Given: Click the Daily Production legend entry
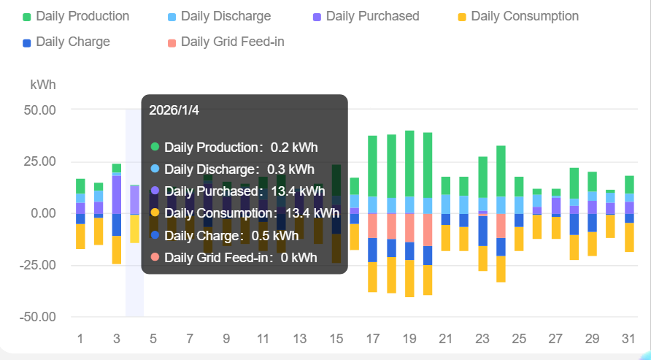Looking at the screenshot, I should (76, 16).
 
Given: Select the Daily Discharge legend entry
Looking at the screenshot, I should (219, 16).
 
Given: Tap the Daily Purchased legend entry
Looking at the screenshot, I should (366, 16).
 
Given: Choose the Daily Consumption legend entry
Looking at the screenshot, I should (517, 16).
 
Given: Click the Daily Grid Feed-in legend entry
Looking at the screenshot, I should (226, 42).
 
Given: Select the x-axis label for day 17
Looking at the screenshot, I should (372, 339).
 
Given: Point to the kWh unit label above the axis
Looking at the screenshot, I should (43, 85).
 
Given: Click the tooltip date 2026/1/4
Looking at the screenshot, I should (174, 110).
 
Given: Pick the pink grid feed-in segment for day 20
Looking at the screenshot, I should (428, 229).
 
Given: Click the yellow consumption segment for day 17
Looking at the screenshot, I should (372, 277).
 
